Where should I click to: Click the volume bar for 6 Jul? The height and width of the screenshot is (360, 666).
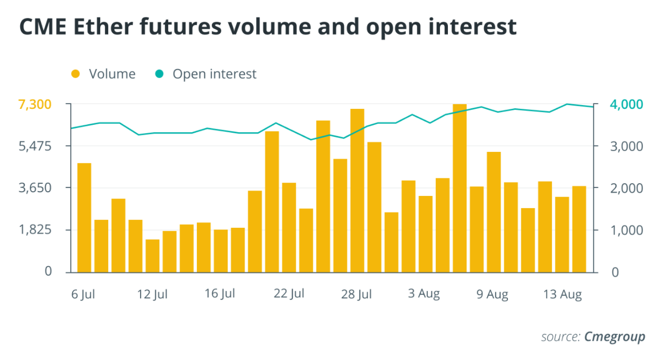[x=84, y=218]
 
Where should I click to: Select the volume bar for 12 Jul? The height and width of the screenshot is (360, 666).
[x=152, y=256]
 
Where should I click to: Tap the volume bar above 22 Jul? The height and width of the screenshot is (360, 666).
[x=289, y=227]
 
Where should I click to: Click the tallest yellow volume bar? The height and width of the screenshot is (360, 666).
[x=459, y=188]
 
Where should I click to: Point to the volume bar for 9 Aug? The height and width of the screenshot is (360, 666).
[x=493, y=212]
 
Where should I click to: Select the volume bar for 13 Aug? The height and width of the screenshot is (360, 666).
[x=561, y=235]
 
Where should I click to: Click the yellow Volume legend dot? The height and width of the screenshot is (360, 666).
[x=76, y=74]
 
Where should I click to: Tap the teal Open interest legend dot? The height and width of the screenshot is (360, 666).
[x=160, y=74]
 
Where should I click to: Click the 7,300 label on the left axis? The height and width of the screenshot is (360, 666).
[x=36, y=104]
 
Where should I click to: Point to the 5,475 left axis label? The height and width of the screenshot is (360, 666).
[x=36, y=146]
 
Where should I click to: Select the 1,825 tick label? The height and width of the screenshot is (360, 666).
[x=36, y=230]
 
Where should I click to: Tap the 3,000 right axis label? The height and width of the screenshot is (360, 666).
[x=618, y=146]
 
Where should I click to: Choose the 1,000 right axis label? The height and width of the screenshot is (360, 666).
[x=618, y=230]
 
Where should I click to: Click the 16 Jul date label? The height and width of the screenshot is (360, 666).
[x=220, y=294]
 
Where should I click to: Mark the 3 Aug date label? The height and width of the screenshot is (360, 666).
[x=424, y=294]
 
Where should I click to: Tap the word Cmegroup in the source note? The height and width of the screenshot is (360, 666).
[x=615, y=337]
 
